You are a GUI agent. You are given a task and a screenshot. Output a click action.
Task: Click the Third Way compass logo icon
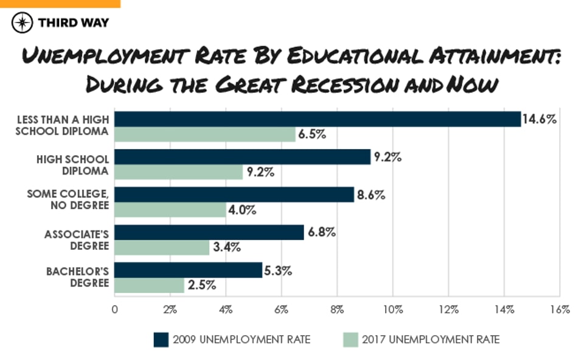coord(23,22)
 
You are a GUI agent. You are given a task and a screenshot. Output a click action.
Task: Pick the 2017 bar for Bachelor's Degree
coord(150,285)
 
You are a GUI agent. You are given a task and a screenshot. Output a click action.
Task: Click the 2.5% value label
coord(201,285)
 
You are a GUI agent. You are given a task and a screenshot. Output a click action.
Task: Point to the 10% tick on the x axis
coord(393,310)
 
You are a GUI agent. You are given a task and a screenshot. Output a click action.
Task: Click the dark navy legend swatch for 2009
coord(161,339)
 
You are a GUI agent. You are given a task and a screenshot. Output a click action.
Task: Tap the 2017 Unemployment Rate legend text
coord(431,339)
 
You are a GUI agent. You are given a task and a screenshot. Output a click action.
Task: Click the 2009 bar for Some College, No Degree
coord(234,195)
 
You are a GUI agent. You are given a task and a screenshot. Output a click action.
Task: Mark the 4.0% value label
coord(242,210)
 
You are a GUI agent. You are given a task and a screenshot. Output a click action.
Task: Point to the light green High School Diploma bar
coord(179,172)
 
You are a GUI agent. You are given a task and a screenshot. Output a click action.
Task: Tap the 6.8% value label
coord(321,232)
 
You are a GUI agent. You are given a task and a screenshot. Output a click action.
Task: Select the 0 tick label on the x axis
coord(115,310)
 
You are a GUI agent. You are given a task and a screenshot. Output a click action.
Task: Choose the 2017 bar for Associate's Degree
coord(162,247)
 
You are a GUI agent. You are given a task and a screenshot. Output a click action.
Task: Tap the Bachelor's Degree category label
coord(77,277)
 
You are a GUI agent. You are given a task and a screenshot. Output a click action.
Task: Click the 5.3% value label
coord(279,270)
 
